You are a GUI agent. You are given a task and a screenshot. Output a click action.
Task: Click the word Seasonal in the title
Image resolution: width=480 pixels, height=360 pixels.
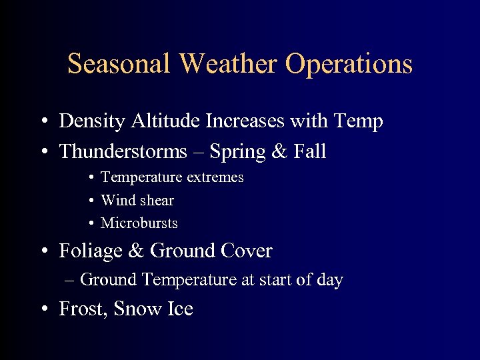pos(120,64)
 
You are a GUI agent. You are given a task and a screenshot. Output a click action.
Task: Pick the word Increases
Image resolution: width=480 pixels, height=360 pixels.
pos(243,121)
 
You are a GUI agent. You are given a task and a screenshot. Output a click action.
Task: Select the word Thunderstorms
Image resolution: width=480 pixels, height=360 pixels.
pos(123,152)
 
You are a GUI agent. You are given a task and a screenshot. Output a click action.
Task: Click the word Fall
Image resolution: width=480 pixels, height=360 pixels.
pos(309,152)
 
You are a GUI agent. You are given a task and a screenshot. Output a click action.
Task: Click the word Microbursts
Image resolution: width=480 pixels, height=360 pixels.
pos(139,223)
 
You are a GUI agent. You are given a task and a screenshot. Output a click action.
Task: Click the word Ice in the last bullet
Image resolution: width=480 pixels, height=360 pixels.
pos(180,309)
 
